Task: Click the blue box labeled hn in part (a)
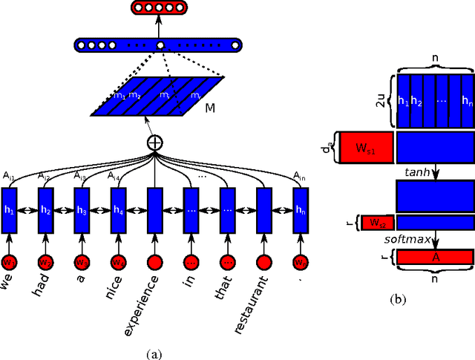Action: pos(300,209)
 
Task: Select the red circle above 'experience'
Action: pos(156,262)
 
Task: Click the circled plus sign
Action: pos(155,143)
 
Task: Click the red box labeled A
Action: pos(434,257)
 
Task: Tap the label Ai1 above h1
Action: pos(7,176)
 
